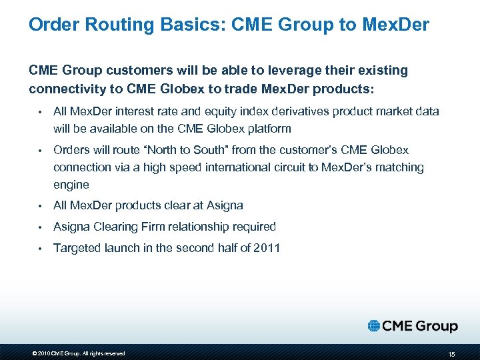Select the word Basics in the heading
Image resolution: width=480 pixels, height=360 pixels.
pyautogui.click(x=185, y=25)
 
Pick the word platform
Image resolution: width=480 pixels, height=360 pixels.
pyautogui.click(x=249, y=128)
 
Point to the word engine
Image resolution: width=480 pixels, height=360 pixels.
pyautogui.click(x=71, y=184)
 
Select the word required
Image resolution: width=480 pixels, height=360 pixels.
pyautogui.click(x=252, y=227)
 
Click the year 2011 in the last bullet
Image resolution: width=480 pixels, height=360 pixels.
pyautogui.click(x=266, y=248)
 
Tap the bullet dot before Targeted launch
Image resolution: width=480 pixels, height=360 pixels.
pyautogui.click(x=40, y=249)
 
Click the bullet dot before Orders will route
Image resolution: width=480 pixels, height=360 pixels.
pyautogui.click(x=40, y=151)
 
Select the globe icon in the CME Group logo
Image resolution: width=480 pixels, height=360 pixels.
pyautogui.click(x=374, y=326)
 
